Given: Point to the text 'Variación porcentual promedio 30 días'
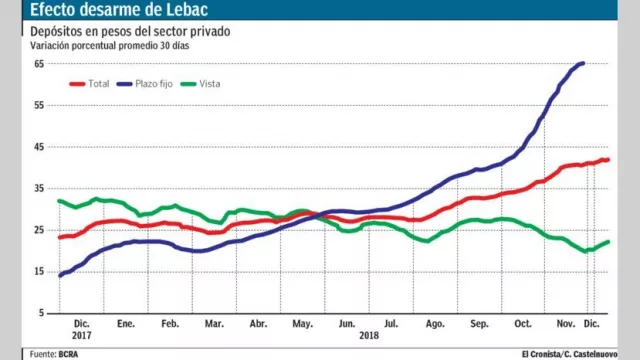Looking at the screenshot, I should coord(109,46).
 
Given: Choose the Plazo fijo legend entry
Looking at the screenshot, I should coord(150,83).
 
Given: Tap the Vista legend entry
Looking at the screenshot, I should coord(202,83).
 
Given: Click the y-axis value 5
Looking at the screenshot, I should coord(41,313).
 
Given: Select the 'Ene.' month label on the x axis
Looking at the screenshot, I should coord(125,325).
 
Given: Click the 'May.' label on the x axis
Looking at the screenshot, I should coord(301,325).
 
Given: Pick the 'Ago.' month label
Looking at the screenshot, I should coord(435,325).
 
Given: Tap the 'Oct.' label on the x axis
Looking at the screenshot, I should coord(522,325).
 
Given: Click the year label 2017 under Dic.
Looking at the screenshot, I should coord(81,336).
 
